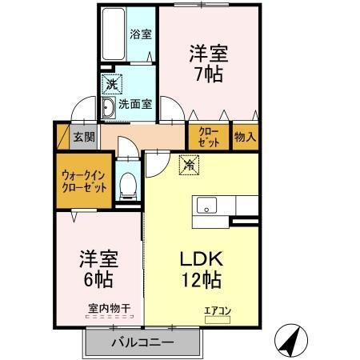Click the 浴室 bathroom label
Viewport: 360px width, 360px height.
[x=142, y=34]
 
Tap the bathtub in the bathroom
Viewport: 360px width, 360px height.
[x=114, y=36]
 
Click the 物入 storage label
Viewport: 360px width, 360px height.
[x=245, y=137]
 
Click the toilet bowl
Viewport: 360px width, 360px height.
[x=126, y=186]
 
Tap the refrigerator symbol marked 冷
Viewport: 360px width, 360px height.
[x=190, y=166]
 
